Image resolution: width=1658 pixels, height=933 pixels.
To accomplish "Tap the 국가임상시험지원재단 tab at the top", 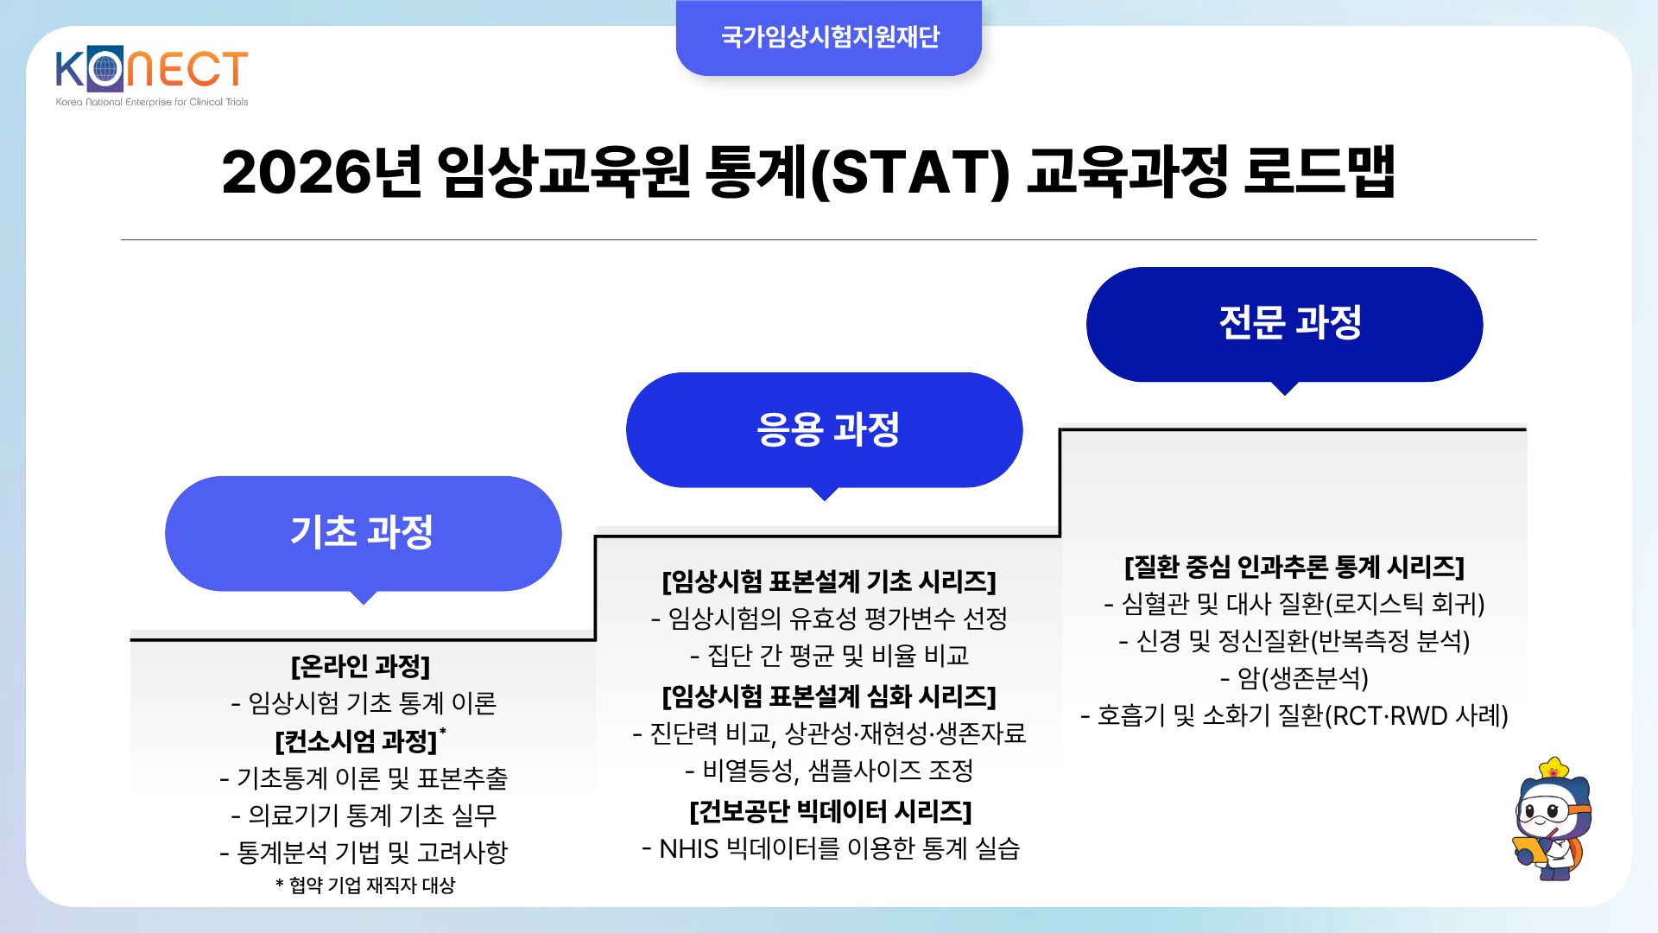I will tap(829, 37).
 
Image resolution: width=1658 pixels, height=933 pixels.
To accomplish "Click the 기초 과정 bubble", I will tap(363, 533).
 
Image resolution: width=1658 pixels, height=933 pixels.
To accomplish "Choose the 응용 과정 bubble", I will tap(825, 429).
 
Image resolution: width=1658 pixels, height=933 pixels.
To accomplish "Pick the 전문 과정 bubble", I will tap(1284, 324).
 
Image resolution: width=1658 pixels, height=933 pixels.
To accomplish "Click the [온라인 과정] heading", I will tap(361, 666).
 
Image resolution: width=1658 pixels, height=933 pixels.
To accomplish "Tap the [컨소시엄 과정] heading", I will tap(357, 741).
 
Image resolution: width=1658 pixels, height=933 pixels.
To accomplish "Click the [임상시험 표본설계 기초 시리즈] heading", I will tap(829, 581).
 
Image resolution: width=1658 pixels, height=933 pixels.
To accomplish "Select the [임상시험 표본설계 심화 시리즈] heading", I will tap(829, 696).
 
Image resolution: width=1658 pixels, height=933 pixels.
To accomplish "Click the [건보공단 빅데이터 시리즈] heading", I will tap(831, 811).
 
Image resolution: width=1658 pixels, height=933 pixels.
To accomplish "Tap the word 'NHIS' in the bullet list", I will tap(688, 849).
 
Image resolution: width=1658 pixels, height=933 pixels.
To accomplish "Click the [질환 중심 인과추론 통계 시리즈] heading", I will tap(1294, 567).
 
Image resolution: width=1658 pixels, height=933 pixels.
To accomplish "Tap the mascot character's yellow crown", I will tap(1554, 768).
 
